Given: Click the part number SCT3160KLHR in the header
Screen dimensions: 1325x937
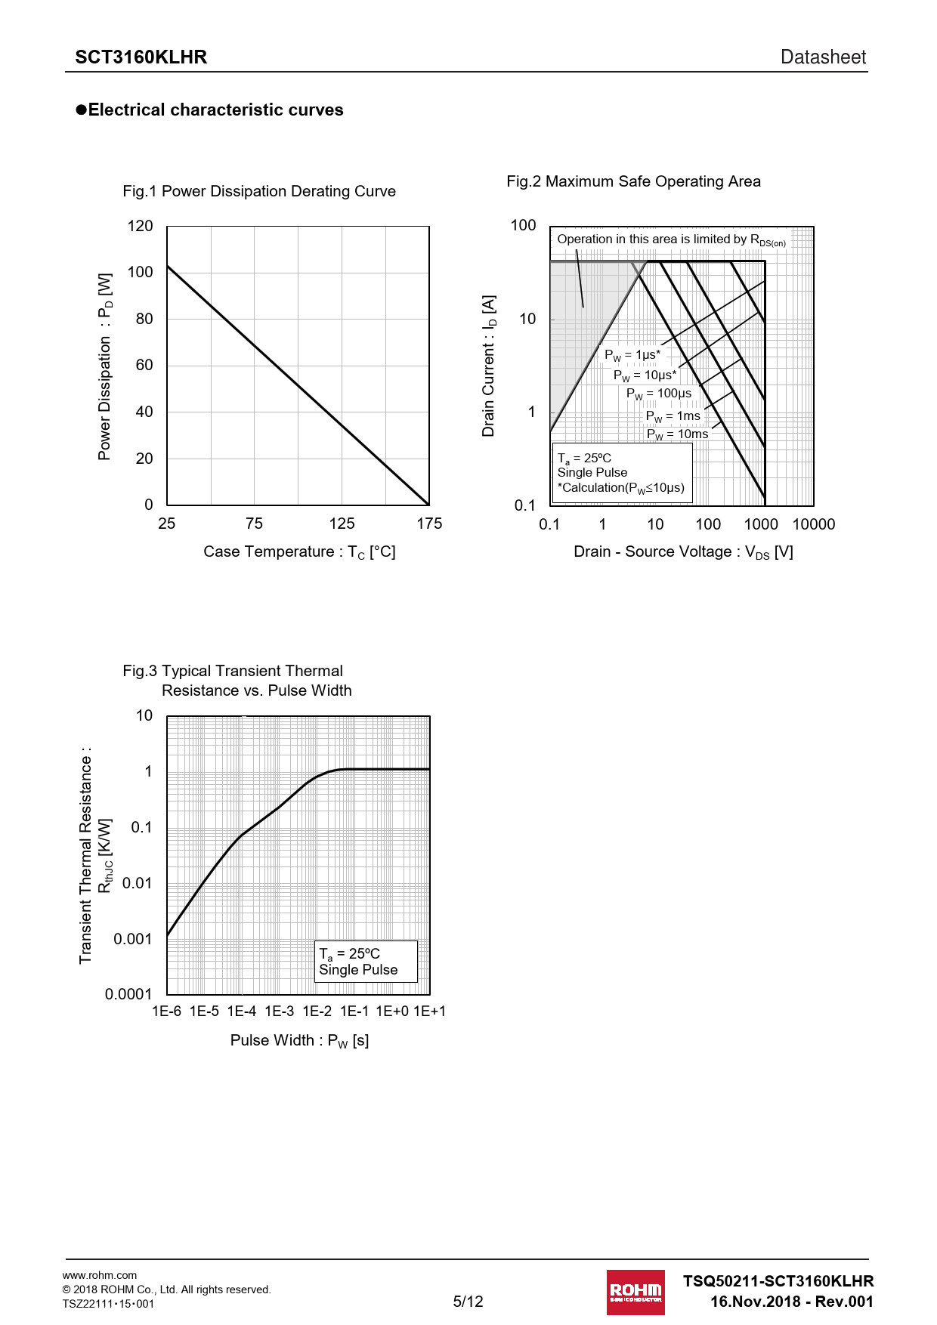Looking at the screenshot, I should coord(141,57).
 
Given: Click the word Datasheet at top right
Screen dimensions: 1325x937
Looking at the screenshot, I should coord(823,57).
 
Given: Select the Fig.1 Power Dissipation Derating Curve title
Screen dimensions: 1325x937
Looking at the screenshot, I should coord(259,191).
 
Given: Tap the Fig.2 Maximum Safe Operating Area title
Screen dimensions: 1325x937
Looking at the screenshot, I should coord(633,181).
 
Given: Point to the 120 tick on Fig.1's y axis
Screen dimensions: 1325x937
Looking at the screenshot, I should coord(140,226).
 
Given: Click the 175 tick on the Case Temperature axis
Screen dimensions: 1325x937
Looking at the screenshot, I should coord(429,524).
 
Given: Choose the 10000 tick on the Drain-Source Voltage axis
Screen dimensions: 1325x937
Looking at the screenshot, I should coord(813,524).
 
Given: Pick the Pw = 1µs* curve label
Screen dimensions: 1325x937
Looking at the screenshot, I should coord(632,355).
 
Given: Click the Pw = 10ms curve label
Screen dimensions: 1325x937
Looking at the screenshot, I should coord(677,434).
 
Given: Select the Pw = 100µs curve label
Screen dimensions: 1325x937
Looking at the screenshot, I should coord(658,394).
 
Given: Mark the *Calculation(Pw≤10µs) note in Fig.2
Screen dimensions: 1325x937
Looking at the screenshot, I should coord(620,488).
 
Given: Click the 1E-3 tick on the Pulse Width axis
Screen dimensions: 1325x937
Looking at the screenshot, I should coord(279,1012).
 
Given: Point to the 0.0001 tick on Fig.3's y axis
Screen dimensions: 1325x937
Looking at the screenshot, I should coord(128,994).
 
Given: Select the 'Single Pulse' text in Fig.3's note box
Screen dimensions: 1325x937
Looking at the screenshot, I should coord(358,970).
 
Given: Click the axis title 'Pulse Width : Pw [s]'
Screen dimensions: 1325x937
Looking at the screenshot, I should coord(299,1041).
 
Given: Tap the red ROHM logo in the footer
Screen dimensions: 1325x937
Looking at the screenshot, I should coord(635,1293).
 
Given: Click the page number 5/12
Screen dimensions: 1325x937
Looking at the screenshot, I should coord(468,1302).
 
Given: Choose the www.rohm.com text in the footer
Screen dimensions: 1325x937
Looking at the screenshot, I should coord(100,1275).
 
